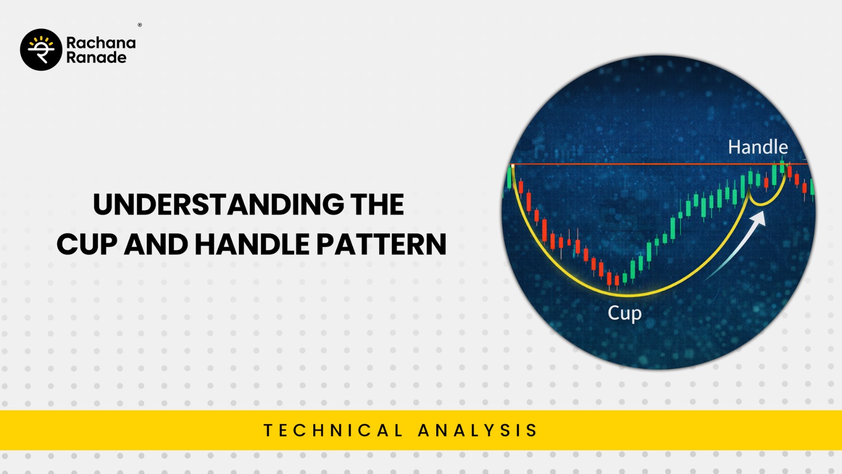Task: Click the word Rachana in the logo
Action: pos(101,43)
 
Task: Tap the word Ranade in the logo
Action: pos(96,57)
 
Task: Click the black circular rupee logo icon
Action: pos(41,50)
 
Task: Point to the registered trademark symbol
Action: pos(140,25)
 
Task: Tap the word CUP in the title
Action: pos(87,244)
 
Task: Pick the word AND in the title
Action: pos(156,244)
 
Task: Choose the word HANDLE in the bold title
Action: pos(252,244)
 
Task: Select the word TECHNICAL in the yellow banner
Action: pos(333,430)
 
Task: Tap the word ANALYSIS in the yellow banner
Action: pos(478,430)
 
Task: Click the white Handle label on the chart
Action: pos(758,147)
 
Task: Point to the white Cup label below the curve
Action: pos(625,313)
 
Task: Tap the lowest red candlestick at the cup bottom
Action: pos(616,280)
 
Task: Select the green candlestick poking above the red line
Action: pos(783,165)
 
